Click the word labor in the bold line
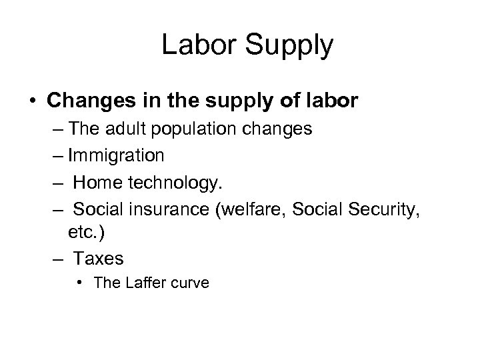click(x=334, y=101)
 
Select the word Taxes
click(x=99, y=259)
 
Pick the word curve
click(x=190, y=283)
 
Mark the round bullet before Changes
click(x=31, y=101)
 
